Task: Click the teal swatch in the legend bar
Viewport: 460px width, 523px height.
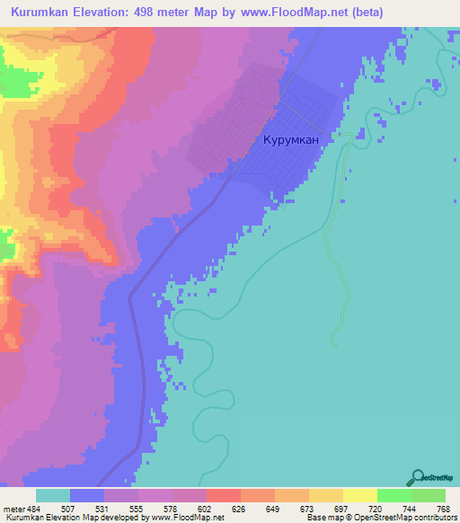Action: (x=53, y=495)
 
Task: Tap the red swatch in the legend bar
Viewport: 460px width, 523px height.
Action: (x=223, y=495)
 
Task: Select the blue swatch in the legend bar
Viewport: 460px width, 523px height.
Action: (x=87, y=495)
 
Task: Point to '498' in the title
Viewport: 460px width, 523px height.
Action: (x=172, y=13)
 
